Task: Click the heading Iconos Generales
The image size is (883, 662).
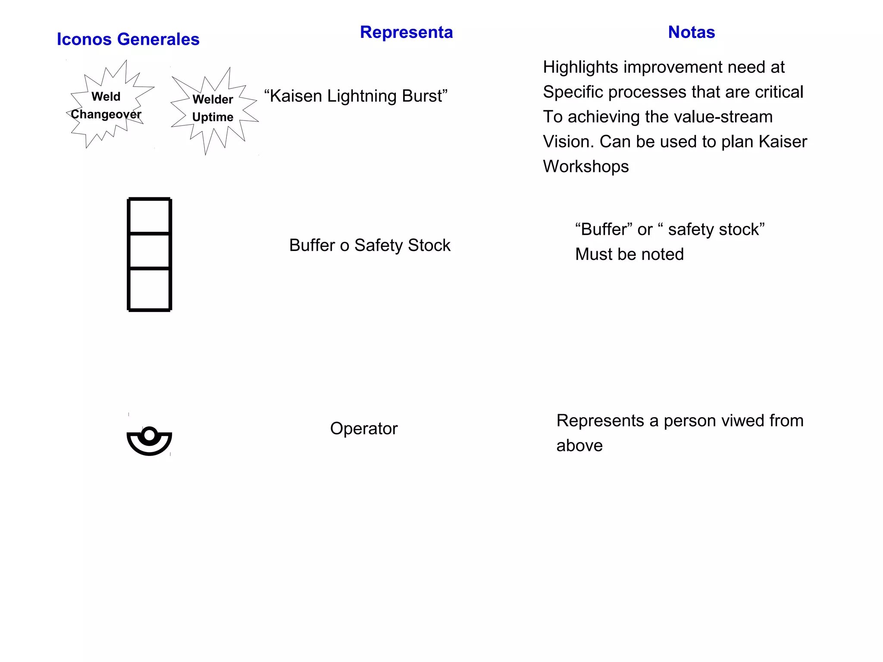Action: pos(128,39)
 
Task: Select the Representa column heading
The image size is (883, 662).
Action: pos(406,32)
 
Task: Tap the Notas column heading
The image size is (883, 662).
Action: pos(691,32)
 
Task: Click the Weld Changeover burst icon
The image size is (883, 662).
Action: pos(106,106)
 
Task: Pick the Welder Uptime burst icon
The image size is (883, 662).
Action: pos(213,109)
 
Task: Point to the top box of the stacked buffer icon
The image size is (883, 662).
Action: pos(149,216)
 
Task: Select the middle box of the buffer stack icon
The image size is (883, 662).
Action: pos(149,251)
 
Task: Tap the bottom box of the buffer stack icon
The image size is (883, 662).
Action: pos(149,289)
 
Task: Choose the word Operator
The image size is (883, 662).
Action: pos(363,428)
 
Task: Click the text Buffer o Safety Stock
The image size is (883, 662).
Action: pos(369,245)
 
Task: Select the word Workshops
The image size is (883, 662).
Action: pos(586,167)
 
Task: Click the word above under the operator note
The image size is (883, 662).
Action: pos(579,446)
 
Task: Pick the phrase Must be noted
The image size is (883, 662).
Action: pos(629,254)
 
